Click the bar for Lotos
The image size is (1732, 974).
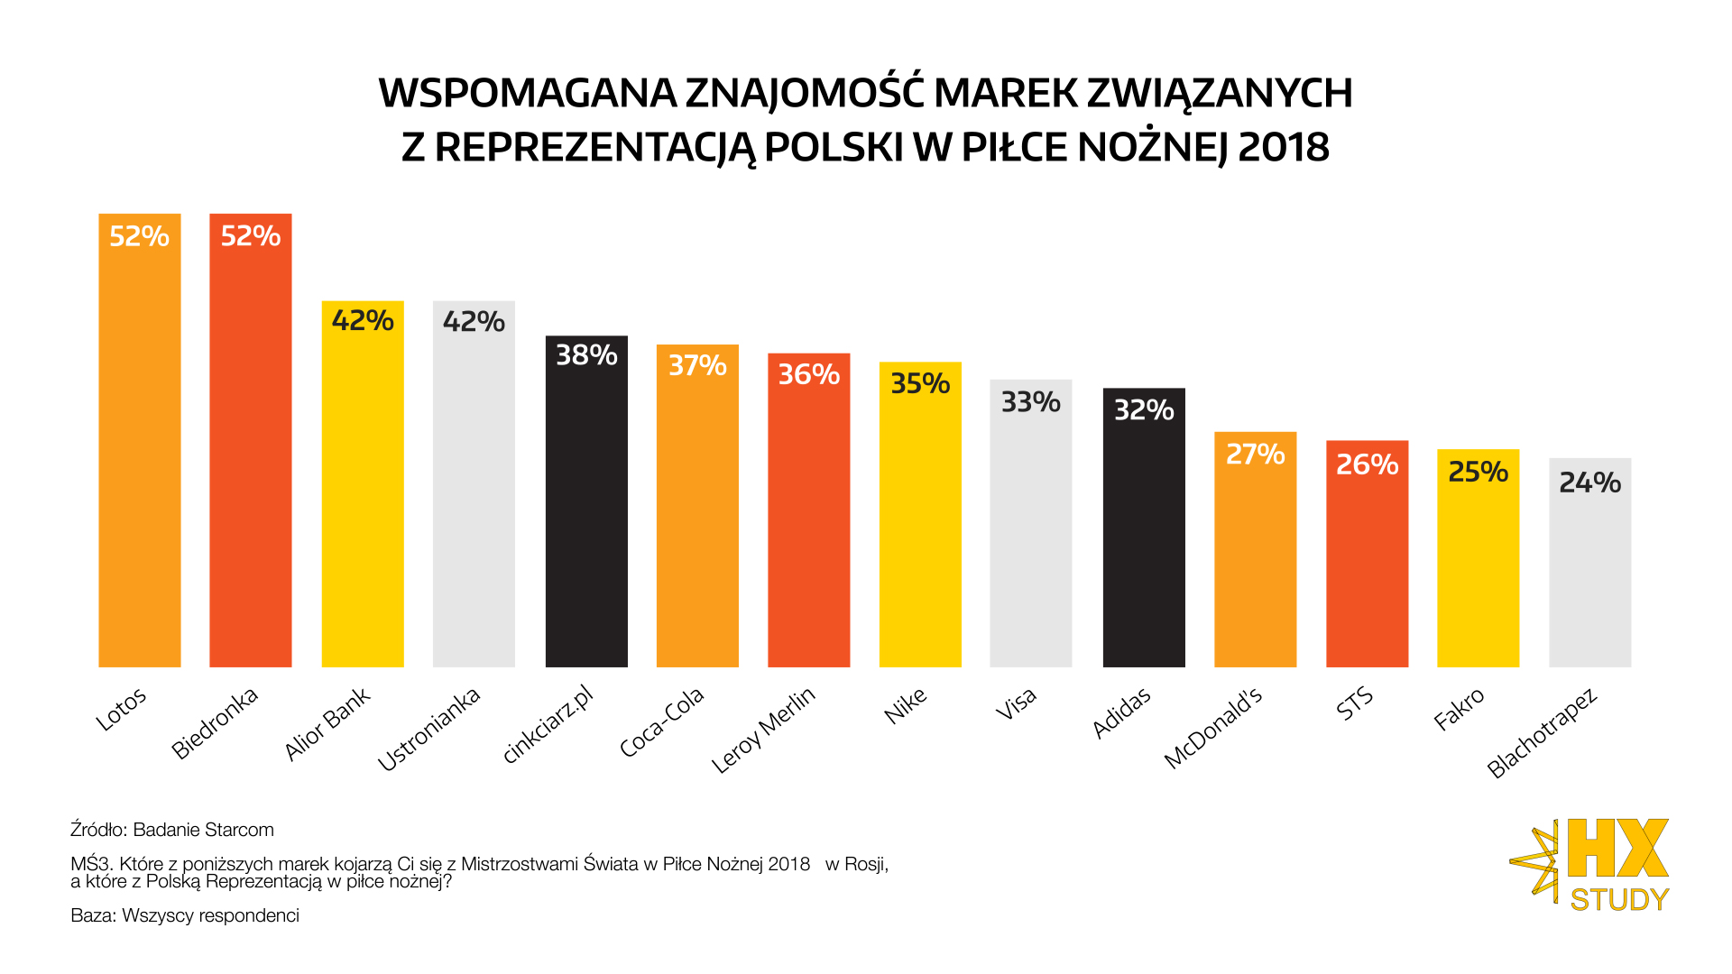click(x=140, y=451)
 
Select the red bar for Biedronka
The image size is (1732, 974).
click(x=251, y=451)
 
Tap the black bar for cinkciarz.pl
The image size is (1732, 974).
click(x=586, y=514)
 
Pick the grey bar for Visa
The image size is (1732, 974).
click(x=1031, y=532)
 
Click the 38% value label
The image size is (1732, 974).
click(x=586, y=355)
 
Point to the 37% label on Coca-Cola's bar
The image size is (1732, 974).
click(x=697, y=365)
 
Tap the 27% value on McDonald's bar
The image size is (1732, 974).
click(x=1255, y=454)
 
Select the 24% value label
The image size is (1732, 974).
click(x=1589, y=482)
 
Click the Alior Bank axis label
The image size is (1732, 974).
click(x=327, y=723)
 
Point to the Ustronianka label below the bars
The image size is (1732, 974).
click(x=428, y=729)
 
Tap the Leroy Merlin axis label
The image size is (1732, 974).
click(x=763, y=730)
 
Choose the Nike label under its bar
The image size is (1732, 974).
click(x=906, y=705)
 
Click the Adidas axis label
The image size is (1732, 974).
click(x=1121, y=712)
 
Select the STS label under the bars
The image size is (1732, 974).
click(x=1355, y=703)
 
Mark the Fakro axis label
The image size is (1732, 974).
click(x=1459, y=709)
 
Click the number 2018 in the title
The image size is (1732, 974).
click(x=1284, y=147)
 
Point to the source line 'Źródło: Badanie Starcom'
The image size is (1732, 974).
click(x=172, y=830)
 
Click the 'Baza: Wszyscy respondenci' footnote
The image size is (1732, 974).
click(x=185, y=915)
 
